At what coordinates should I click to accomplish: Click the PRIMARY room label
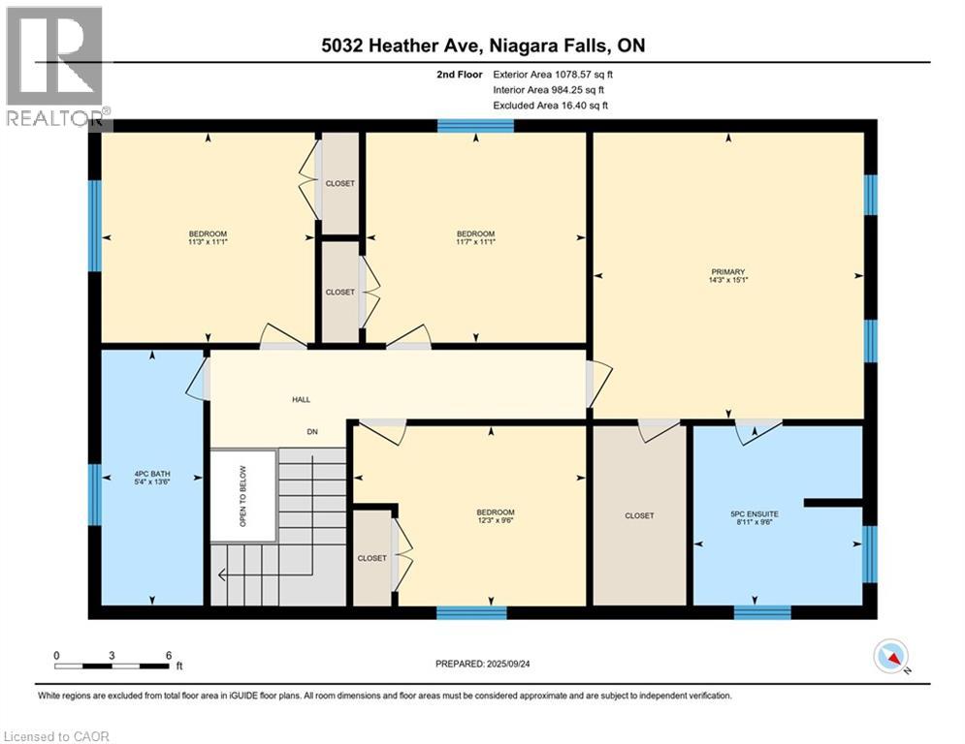pos(728,272)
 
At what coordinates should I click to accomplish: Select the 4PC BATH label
pos(152,474)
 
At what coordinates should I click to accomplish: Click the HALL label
pos(301,400)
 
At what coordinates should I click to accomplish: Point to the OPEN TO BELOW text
pos(243,496)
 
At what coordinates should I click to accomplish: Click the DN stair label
pos(312,432)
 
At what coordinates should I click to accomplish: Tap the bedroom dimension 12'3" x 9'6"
pos(496,520)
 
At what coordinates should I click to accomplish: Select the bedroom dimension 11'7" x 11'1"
pos(476,241)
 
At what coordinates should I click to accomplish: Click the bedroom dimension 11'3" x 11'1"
pos(208,241)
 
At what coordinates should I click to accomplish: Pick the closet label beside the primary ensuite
pos(639,516)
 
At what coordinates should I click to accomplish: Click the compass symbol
pos(891,656)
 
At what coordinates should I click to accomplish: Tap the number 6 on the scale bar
pos(169,656)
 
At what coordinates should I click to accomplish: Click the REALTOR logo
pos(56,67)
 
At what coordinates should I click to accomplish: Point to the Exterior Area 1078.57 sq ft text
pos(553,75)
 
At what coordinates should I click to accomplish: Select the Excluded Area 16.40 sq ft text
pos(550,106)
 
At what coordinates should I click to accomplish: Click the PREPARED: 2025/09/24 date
pos(483,664)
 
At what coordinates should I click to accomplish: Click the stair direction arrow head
pos(222,574)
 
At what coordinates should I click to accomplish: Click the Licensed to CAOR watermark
pos(56,736)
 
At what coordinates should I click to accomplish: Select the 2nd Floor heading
pos(460,75)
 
